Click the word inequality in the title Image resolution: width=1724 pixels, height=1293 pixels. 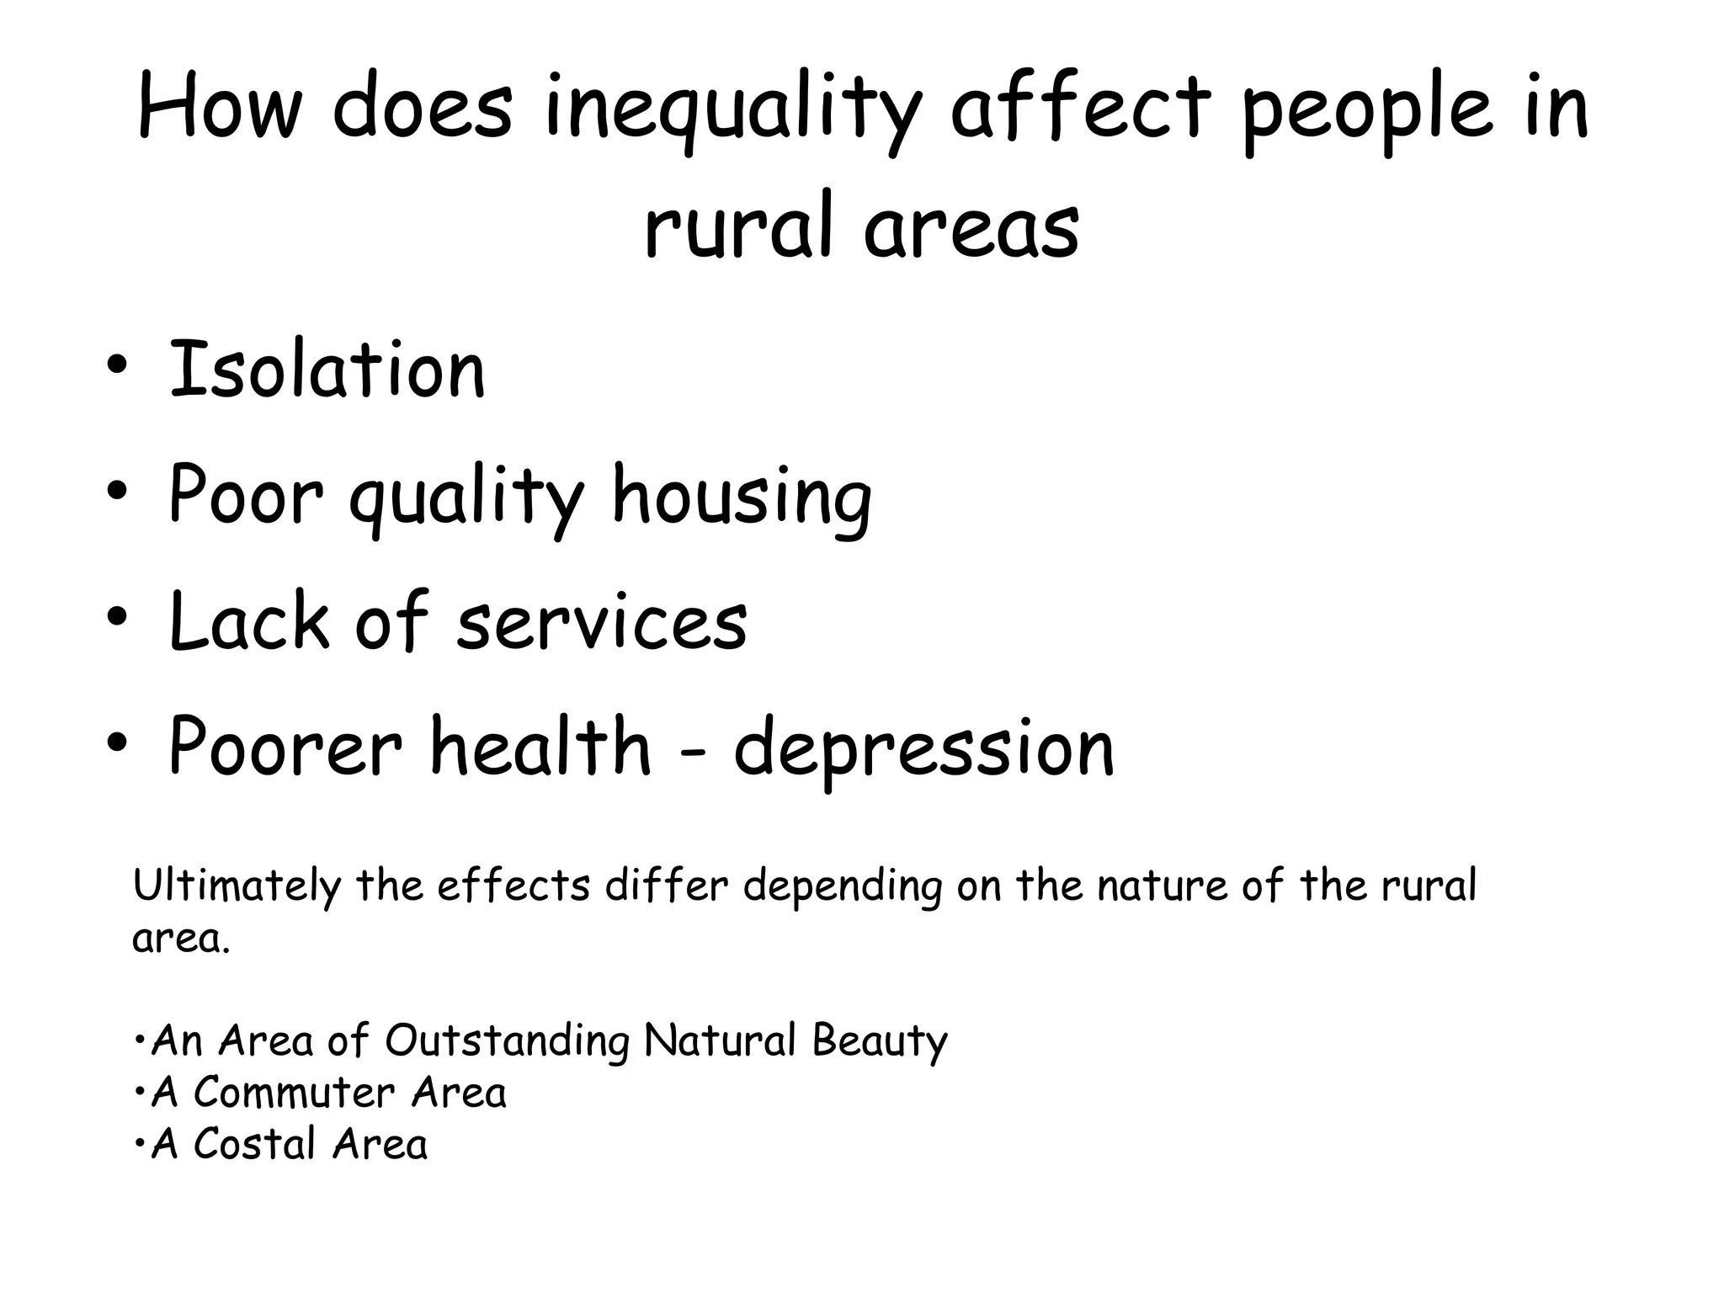[x=732, y=109]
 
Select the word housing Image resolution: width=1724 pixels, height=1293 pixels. [x=742, y=498]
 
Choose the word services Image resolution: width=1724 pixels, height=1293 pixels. [x=602, y=623]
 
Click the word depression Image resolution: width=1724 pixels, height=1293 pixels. [x=923, y=749]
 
